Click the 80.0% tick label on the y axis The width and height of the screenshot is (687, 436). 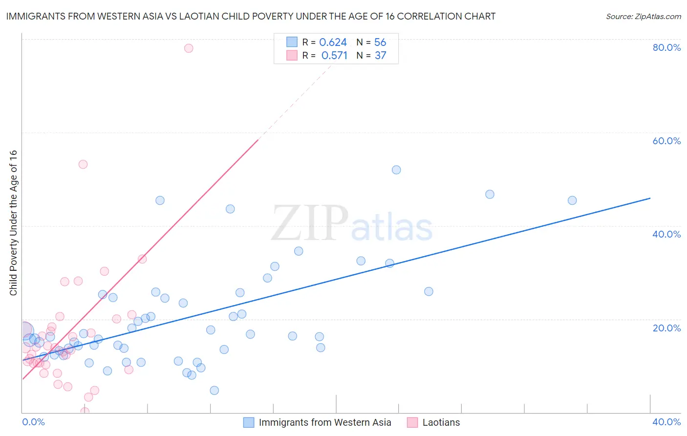coord(666,47)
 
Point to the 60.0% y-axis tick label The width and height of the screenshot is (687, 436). coord(666,141)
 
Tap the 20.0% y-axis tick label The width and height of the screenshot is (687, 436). coord(666,328)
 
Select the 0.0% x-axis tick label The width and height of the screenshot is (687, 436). coord(33,422)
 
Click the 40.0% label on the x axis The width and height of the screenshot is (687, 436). coord(666,422)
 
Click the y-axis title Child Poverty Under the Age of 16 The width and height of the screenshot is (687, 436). coord(13,222)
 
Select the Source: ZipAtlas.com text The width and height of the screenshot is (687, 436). coord(643,17)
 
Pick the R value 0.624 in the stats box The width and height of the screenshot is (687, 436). coord(333,42)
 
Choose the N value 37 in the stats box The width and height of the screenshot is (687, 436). coord(380,55)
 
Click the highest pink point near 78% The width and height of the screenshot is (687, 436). coord(189,48)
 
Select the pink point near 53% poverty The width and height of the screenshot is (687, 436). coord(83,164)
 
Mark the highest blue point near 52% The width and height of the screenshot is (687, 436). coord(396,170)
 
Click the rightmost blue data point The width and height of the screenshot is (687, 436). coord(572,200)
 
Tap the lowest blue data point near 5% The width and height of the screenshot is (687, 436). coord(214,390)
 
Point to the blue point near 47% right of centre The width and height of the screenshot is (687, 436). coord(490,194)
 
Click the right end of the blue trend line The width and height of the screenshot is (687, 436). coord(650,198)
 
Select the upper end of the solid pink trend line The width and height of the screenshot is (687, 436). coord(258,140)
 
